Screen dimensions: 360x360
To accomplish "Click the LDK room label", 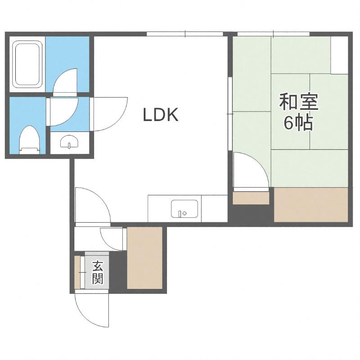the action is coord(161,115).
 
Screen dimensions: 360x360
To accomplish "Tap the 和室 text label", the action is coord(298,102).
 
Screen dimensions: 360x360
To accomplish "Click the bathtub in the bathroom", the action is coord(27,64).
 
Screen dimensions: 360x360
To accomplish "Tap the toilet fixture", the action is coord(30,140).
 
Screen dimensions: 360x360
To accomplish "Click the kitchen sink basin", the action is coord(184,209).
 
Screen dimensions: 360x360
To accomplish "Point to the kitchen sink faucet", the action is coord(181,213).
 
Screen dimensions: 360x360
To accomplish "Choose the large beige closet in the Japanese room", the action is coord(311,205).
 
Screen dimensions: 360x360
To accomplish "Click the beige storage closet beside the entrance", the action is coord(144,258).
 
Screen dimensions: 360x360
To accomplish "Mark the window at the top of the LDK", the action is coord(185,34).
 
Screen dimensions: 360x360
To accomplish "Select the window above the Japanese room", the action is coord(274,34).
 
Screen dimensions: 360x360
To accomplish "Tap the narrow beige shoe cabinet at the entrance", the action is coord(77,272).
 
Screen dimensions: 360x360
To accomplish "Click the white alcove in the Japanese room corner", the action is coord(339,55).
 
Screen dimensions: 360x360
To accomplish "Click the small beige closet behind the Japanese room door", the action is coord(251,198).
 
